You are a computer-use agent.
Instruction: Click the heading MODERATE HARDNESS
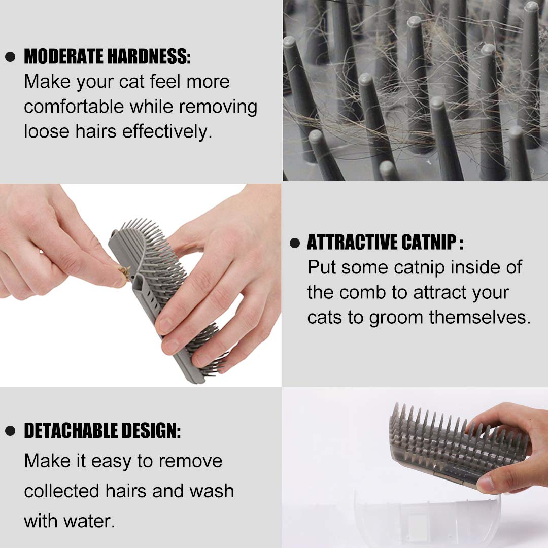[x=107, y=57]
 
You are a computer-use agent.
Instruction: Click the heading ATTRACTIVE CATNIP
[x=385, y=243]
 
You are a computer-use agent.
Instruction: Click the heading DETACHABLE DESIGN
[x=102, y=431]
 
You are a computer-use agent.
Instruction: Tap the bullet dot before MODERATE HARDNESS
[x=10, y=57]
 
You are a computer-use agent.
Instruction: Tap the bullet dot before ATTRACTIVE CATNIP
[x=295, y=243]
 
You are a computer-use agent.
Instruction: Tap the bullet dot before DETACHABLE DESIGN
[x=10, y=432]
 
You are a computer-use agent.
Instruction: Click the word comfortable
[x=74, y=107]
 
